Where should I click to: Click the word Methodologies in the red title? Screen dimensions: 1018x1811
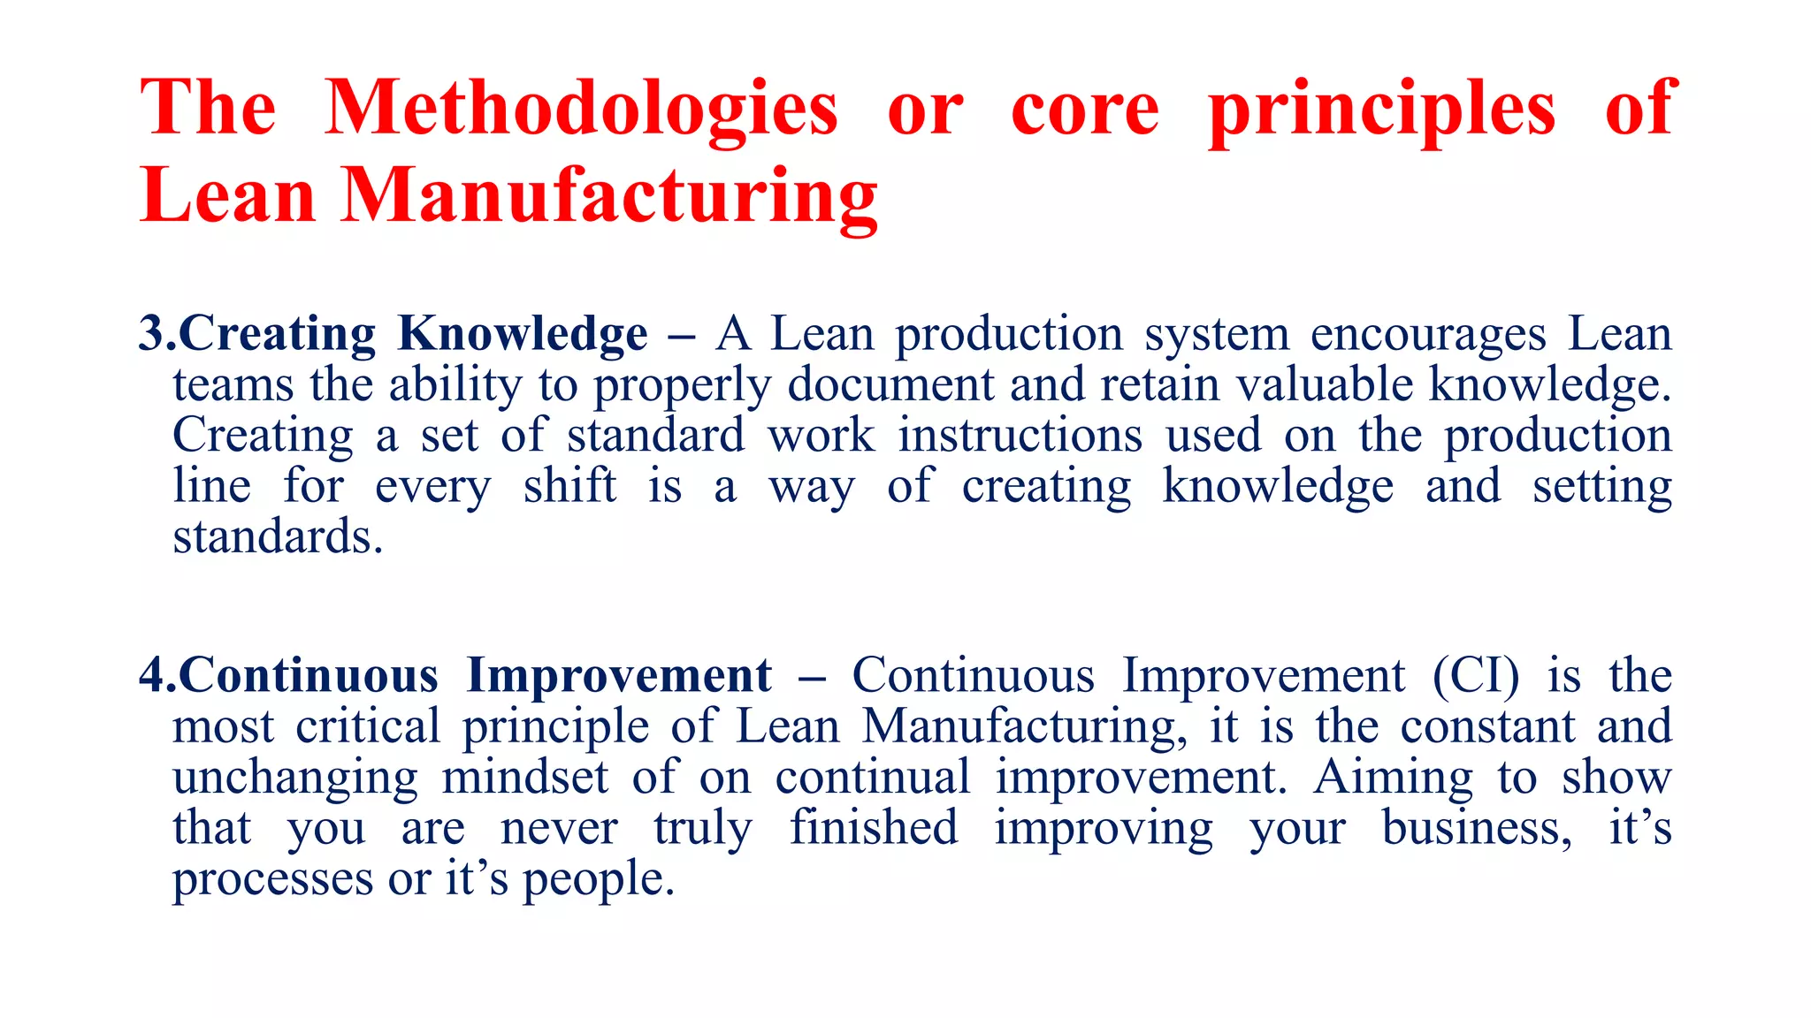(581, 110)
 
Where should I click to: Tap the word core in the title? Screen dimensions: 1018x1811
(1084, 110)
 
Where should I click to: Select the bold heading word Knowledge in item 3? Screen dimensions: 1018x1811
(523, 335)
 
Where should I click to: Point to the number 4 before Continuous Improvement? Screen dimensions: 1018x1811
(152, 676)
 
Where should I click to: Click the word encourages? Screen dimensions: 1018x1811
(1427, 335)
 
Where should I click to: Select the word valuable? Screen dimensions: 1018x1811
(1325, 385)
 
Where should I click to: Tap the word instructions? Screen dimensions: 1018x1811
(1020, 436)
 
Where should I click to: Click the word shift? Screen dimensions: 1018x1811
(569, 487)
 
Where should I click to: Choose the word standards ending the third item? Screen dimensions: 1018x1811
(277, 537)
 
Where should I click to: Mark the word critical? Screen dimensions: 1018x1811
(368, 726)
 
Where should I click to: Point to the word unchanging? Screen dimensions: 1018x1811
(295, 778)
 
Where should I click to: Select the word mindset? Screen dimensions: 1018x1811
(524, 778)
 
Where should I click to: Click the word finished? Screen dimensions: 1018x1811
(874, 828)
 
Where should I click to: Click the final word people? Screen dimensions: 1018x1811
(598, 879)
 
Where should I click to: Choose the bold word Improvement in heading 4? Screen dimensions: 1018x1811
(619, 676)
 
